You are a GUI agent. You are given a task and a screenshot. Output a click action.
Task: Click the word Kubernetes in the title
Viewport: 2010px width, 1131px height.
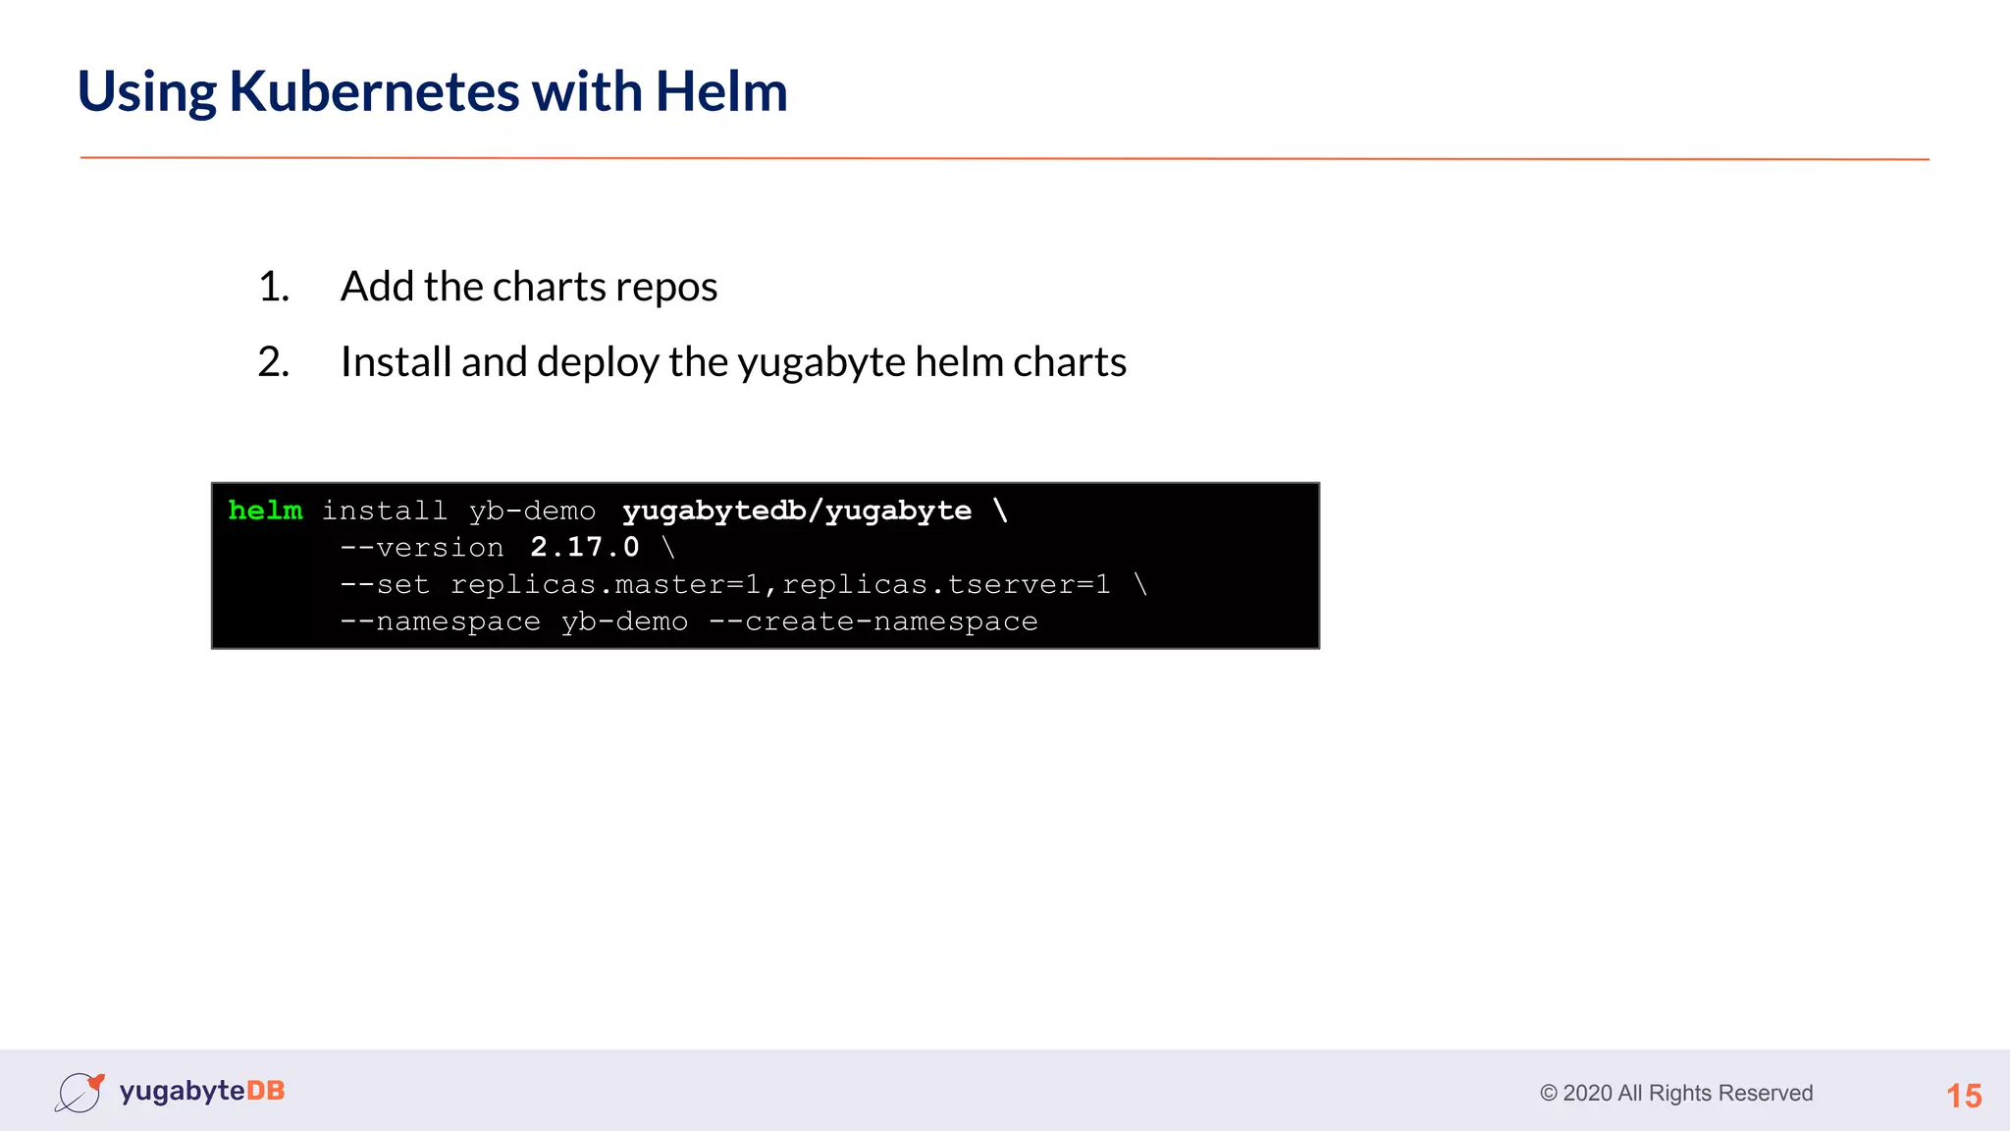[x=374, y=91]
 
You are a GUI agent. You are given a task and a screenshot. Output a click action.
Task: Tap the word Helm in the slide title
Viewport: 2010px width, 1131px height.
[x=721, y=91]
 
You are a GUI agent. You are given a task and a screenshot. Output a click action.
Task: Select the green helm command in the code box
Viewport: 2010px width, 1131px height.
[x=265, y=511]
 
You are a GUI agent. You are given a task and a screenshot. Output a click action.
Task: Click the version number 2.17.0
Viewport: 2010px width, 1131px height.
[x=585, y=547]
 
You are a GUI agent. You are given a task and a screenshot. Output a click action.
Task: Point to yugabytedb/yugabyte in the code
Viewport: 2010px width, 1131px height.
[x=797, y=511]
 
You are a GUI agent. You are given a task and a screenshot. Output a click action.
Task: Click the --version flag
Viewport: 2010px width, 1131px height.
[x=422, y=547]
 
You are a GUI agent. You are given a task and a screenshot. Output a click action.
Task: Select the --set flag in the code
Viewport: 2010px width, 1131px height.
[x=385, y=584]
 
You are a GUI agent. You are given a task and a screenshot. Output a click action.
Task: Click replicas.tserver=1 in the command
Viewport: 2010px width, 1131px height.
[x=946, y=584]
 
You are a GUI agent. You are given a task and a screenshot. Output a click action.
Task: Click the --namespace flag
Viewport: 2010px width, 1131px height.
[x=440, y=621]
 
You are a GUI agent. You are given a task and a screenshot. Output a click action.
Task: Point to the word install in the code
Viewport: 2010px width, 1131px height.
[x=385, y=511]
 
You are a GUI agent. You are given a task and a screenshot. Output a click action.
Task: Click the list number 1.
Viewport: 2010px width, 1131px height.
[x=273, y=287]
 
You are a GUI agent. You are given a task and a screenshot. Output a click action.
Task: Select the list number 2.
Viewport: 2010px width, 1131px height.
[x=273, y=362]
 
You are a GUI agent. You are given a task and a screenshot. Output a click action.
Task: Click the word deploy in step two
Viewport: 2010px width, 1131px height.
[x=598, y=362]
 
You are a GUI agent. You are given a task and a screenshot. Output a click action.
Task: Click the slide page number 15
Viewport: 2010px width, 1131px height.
[x=1964, y=1096]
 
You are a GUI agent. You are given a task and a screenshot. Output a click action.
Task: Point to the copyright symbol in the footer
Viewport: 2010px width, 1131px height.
[x=1549, y=1094]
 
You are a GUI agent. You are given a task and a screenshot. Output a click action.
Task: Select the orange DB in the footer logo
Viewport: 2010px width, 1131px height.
[x=265, y=1091]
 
